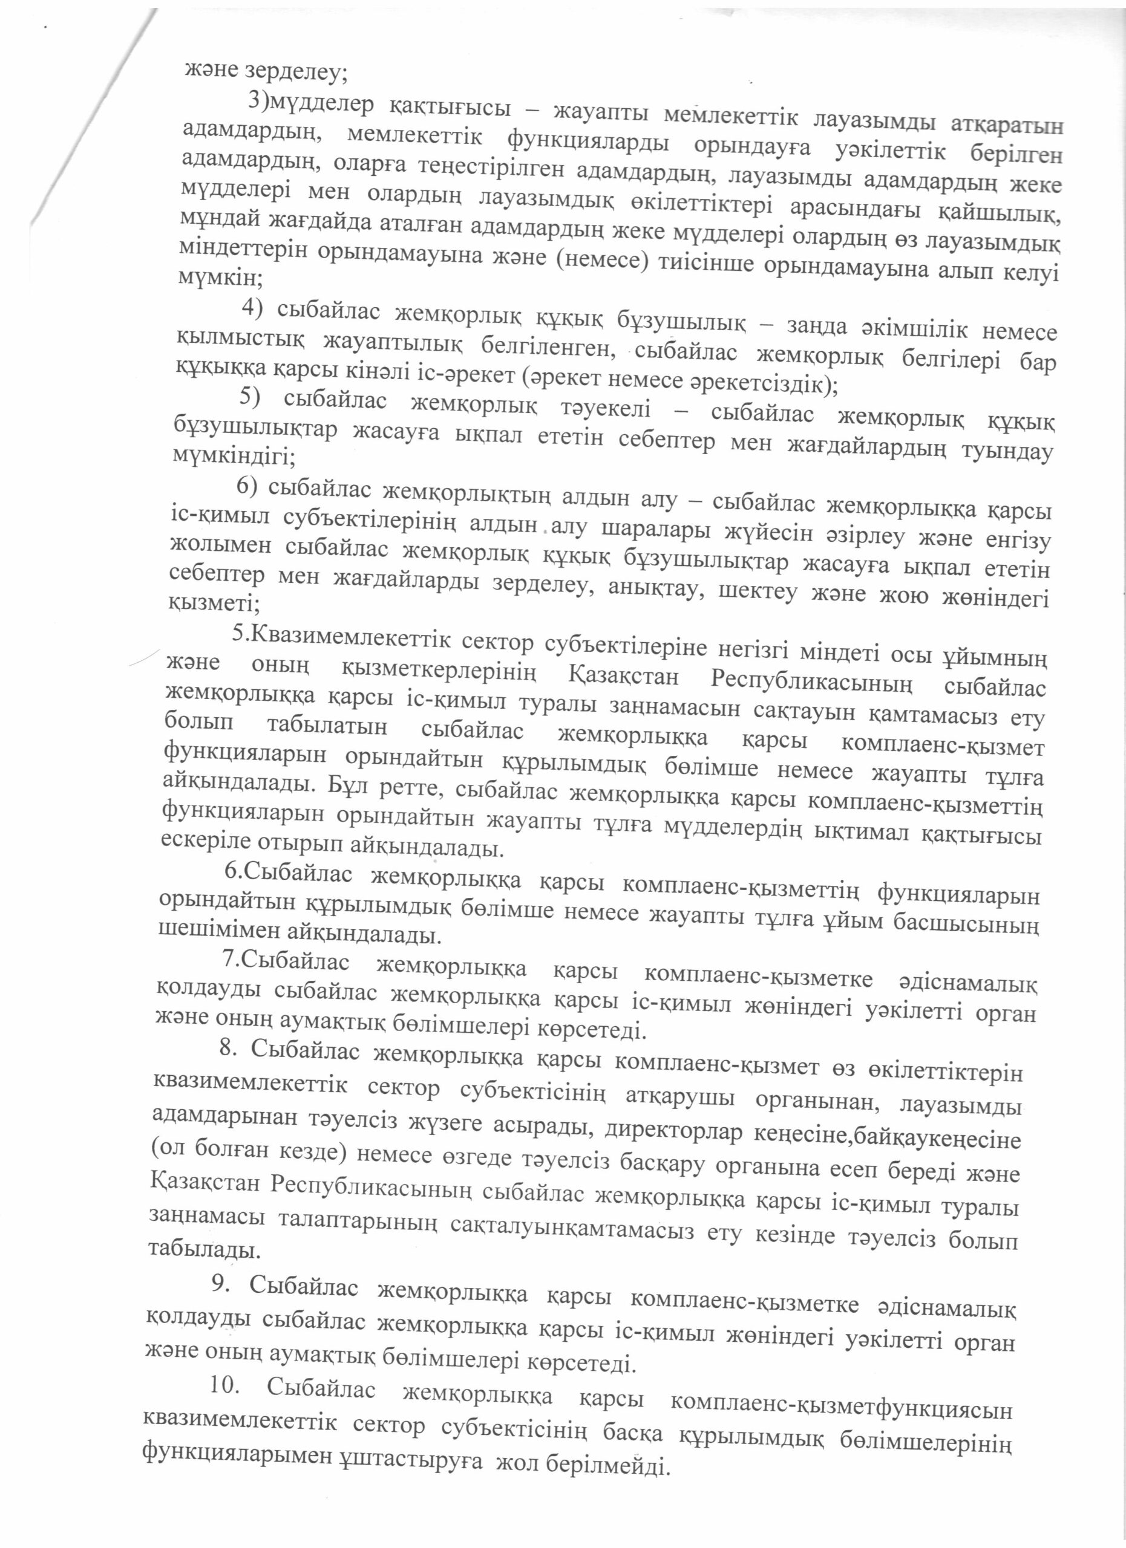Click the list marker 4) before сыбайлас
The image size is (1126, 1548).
pos(254,308)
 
